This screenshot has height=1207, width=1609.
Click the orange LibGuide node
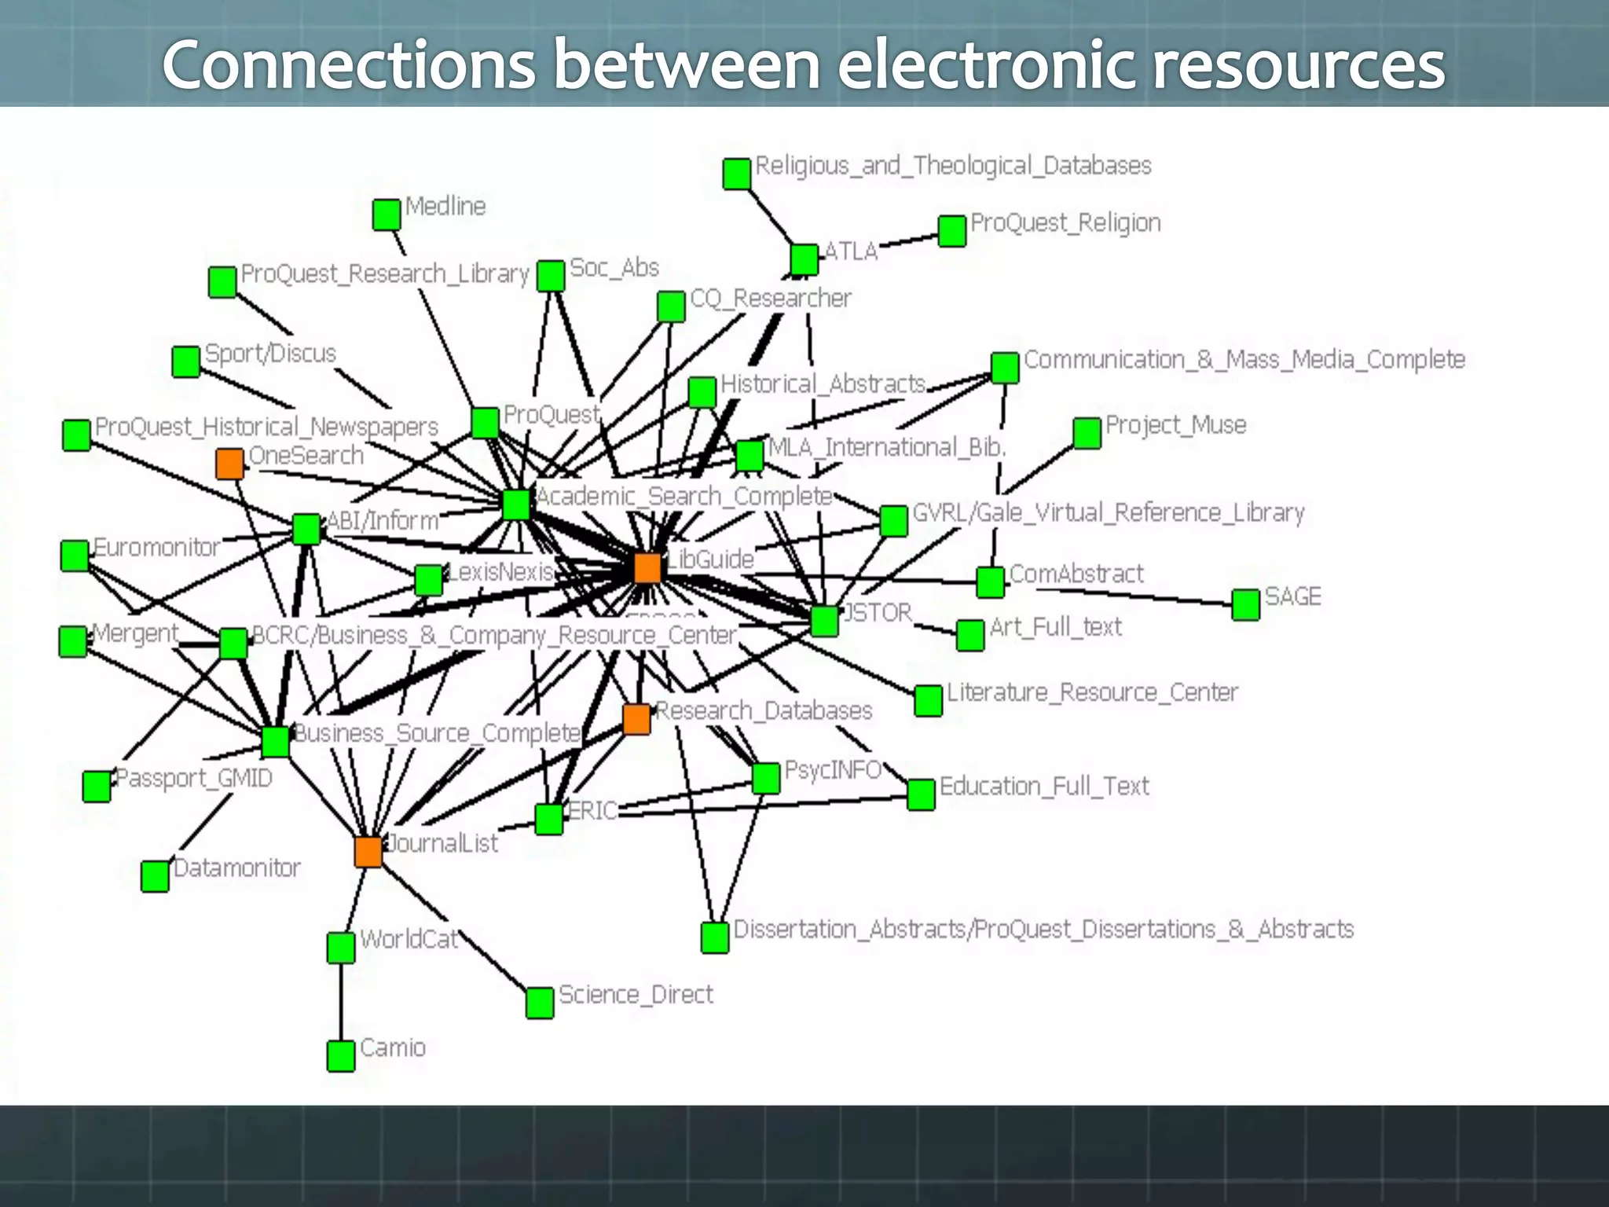point(647,567)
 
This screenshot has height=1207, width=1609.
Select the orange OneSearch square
point(229,464)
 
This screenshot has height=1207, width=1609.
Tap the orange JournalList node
point(368,852)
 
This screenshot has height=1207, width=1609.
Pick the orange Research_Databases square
point(636,719)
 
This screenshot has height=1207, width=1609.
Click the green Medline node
point(387,215)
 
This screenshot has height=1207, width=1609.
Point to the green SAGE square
point(1246,605)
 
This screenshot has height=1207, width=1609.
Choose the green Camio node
point(341,1056)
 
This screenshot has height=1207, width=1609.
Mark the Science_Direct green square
point(540,1003)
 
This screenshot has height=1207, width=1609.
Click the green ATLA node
point(804,259)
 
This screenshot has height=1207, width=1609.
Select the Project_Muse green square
point(1087,433)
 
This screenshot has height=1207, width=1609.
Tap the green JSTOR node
point(824,621)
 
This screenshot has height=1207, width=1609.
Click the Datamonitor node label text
point(236,868)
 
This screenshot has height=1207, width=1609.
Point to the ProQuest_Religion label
point(1065,223)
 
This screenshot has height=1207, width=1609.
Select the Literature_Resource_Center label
point(1092,692)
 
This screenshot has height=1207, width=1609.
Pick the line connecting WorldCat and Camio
point(341,1002)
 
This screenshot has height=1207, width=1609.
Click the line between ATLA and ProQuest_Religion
point(907,239)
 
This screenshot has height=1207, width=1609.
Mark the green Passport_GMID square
point(97,786)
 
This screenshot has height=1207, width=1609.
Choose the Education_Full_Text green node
point(921,795)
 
